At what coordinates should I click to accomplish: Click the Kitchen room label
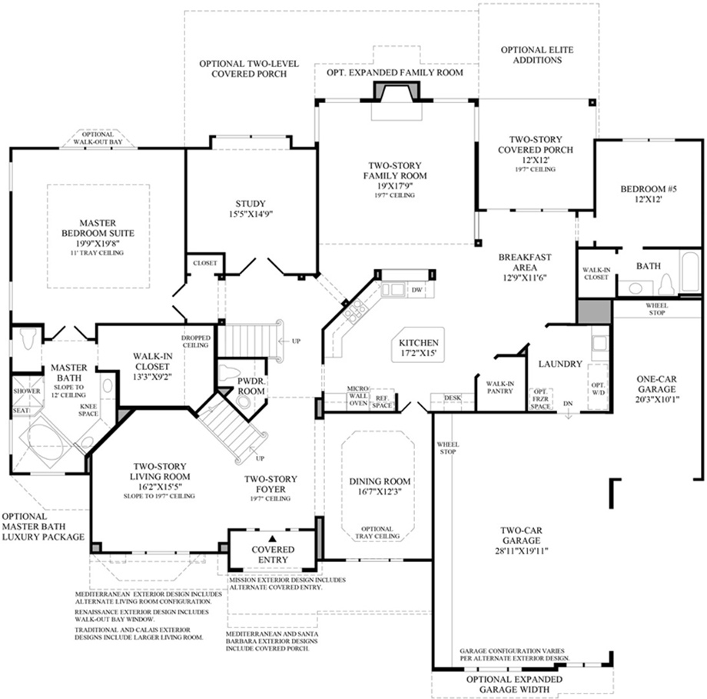point(418,348)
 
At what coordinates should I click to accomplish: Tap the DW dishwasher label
point(417,290)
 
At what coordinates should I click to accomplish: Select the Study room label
point(251,208)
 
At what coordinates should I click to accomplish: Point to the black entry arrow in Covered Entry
point(272,538)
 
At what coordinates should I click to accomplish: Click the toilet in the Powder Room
point(229,374)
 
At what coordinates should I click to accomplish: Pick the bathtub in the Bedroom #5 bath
point(690,271)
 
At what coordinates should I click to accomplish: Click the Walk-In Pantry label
point(500,388)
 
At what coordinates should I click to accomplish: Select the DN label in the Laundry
point(568,404)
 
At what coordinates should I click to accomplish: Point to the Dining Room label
point(380,486)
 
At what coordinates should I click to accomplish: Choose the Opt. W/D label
point(598,388)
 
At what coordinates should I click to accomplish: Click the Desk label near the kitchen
point(452,398)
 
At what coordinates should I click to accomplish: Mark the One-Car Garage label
point(656,389)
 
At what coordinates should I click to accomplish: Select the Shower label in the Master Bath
point(27,391)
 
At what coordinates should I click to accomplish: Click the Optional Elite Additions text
point(537,55)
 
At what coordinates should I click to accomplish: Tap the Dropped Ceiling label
point(196,341)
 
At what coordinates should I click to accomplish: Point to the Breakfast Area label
point(524,267)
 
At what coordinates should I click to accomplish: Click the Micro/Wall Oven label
point(358,396)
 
